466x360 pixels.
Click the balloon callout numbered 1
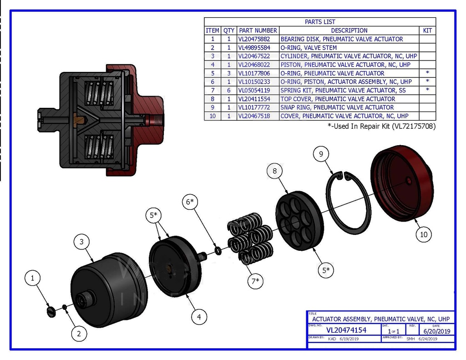coord(32,278)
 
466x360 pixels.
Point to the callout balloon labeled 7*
coord(256,281)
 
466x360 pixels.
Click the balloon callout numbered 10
coord(424,234)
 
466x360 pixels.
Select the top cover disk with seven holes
coord(299,221)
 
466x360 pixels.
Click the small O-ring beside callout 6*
coord(218,251)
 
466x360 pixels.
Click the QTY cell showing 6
coord(229,90)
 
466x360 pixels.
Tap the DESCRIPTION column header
coord(349,30)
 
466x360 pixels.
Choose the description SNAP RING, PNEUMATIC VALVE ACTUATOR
coord(337,107)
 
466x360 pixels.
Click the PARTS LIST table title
coord(319,22)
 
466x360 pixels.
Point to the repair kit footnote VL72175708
coord(381,126)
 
